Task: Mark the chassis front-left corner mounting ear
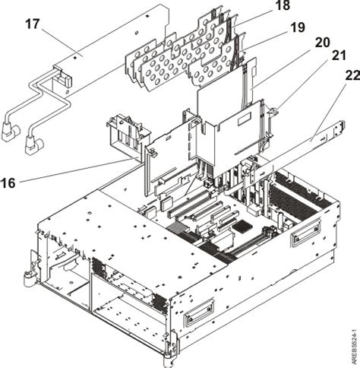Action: pos(30,282)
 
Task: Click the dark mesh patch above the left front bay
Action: pos(97,267)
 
